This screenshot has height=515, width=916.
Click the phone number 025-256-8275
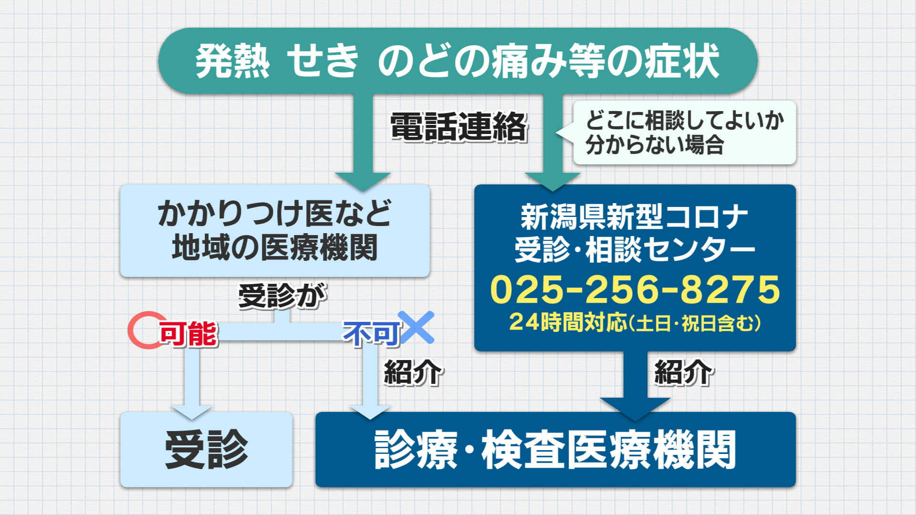point(635,289)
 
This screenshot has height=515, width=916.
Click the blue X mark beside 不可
point(416,327)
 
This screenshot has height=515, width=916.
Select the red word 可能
point(188,333)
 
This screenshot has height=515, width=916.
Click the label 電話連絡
point(458,127)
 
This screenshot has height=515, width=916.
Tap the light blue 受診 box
point(206,450)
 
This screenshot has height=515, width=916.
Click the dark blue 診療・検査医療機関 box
point(555,450)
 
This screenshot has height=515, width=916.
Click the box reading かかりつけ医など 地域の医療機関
point(275,231)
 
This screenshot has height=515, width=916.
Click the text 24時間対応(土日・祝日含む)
point(635,322)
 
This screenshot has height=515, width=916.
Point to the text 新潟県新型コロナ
point(635,217)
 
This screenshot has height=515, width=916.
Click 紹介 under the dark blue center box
point(683,372)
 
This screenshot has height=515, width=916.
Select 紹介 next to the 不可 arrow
point(413,372)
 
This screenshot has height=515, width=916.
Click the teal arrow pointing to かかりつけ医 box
point(363,143)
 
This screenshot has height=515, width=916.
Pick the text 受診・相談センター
point(635,250)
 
